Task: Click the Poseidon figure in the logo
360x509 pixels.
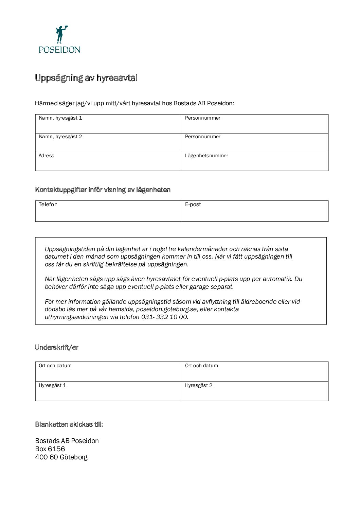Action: pos(61,34)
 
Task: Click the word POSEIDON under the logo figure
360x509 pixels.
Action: pos(59,50)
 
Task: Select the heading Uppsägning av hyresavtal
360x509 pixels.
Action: pos(86,78)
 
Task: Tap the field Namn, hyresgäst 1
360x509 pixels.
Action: pos(108,124)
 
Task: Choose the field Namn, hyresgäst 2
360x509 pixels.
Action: pos(108,143)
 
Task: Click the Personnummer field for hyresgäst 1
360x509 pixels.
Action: pos(255,124)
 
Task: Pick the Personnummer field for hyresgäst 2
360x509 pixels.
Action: pos(255,143)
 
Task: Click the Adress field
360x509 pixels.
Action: pos(108,162)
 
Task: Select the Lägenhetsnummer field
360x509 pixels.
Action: pos(255,162)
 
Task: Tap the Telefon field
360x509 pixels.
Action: pos(108,211)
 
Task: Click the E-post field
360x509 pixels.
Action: pos(255,211)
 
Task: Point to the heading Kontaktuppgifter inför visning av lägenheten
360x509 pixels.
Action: pos(103,190)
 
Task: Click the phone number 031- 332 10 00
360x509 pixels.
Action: pos(164,317)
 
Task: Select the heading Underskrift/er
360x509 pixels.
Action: pos(57,347)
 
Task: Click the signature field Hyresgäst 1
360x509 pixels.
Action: pos(108,391)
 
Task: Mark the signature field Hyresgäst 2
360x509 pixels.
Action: pos(255,391)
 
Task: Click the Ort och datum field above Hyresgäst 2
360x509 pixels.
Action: pos(255,372)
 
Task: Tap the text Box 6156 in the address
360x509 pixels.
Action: pos(50,449)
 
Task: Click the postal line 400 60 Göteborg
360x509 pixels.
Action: pos(61,457)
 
